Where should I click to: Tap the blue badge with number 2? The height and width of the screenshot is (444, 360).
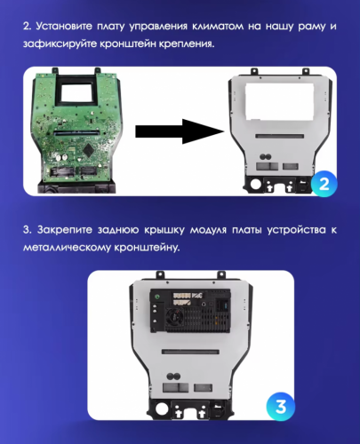click(x=324, y=185)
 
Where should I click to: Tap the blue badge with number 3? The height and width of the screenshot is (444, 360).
click(x=281, y=408)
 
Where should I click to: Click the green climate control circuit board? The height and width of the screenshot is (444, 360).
click(x=76, y=133)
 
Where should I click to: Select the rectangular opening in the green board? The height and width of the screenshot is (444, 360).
click(x=76, y=94)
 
